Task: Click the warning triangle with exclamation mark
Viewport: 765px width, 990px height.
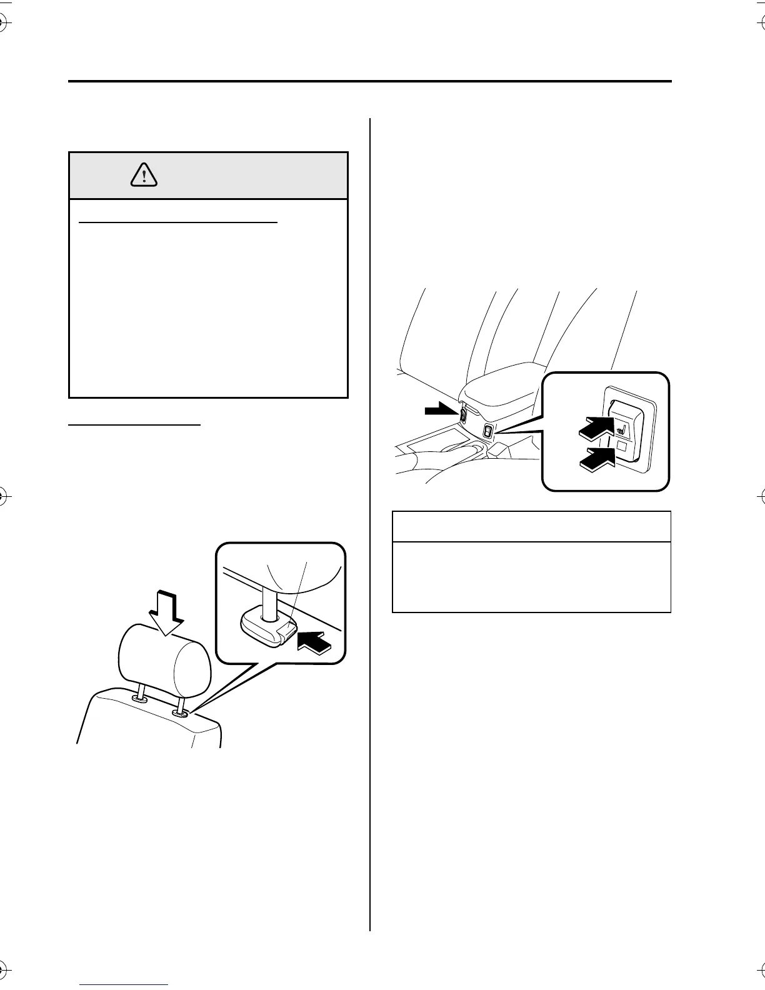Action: pyautogui.click(x=144, y=176)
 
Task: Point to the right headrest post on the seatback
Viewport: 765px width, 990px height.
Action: pyautogui.click(x=181, y=705)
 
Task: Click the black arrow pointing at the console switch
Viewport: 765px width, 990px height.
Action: pyautogui.click(x=440, y=410)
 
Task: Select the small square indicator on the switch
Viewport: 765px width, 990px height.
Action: pyautogui.click(x=622, y=446)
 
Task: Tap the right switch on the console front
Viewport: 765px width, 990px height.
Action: pyautogui.click(x=488, y=431)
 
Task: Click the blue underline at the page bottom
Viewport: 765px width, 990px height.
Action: pyautogui.click(x=125, y=984)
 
